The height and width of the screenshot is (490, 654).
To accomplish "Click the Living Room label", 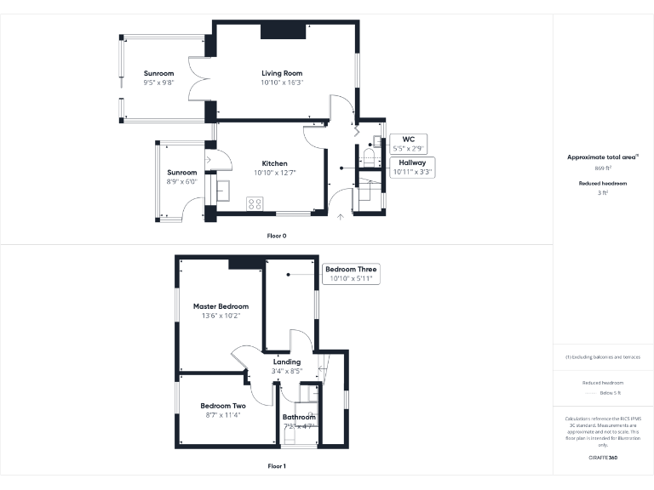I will pos(282,73).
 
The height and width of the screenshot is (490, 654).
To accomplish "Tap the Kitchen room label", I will pos(274,163).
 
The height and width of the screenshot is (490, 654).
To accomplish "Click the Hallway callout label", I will pos(412,167).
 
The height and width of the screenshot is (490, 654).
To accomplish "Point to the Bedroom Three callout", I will pos(350,274).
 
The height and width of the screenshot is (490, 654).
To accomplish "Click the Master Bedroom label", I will pos(221,306).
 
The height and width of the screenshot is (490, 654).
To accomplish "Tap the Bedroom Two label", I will pos(223,406).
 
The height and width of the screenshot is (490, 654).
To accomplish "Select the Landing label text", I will pos(286,362).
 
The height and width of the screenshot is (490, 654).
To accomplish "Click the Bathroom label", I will pos(299,417).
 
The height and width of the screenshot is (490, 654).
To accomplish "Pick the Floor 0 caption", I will pos(276,235).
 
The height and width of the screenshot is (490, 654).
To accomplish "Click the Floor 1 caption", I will pos(276,466).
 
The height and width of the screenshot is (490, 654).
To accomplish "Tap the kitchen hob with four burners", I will pos(254,203).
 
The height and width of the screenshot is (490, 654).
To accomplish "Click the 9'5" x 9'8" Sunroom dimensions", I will pos(158,83).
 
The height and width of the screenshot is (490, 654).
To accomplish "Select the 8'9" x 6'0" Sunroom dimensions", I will pos(181,181).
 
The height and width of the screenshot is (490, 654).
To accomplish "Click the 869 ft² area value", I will pos(603,169).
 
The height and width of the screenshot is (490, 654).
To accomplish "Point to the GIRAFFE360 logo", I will pos(603,458).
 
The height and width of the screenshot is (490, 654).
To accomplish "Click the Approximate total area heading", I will pos(603,157).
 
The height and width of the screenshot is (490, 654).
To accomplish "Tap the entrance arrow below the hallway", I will pos(341,217).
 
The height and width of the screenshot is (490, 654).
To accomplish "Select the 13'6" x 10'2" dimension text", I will pos(221,316).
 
